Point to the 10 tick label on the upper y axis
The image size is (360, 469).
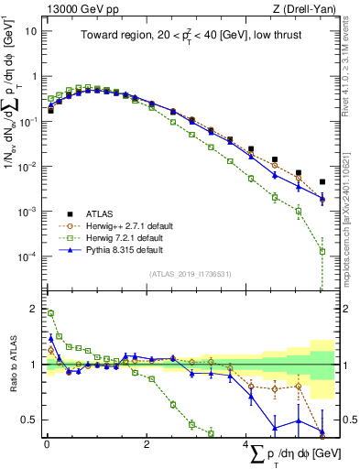29,30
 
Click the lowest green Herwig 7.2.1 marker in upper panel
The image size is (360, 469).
322,251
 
